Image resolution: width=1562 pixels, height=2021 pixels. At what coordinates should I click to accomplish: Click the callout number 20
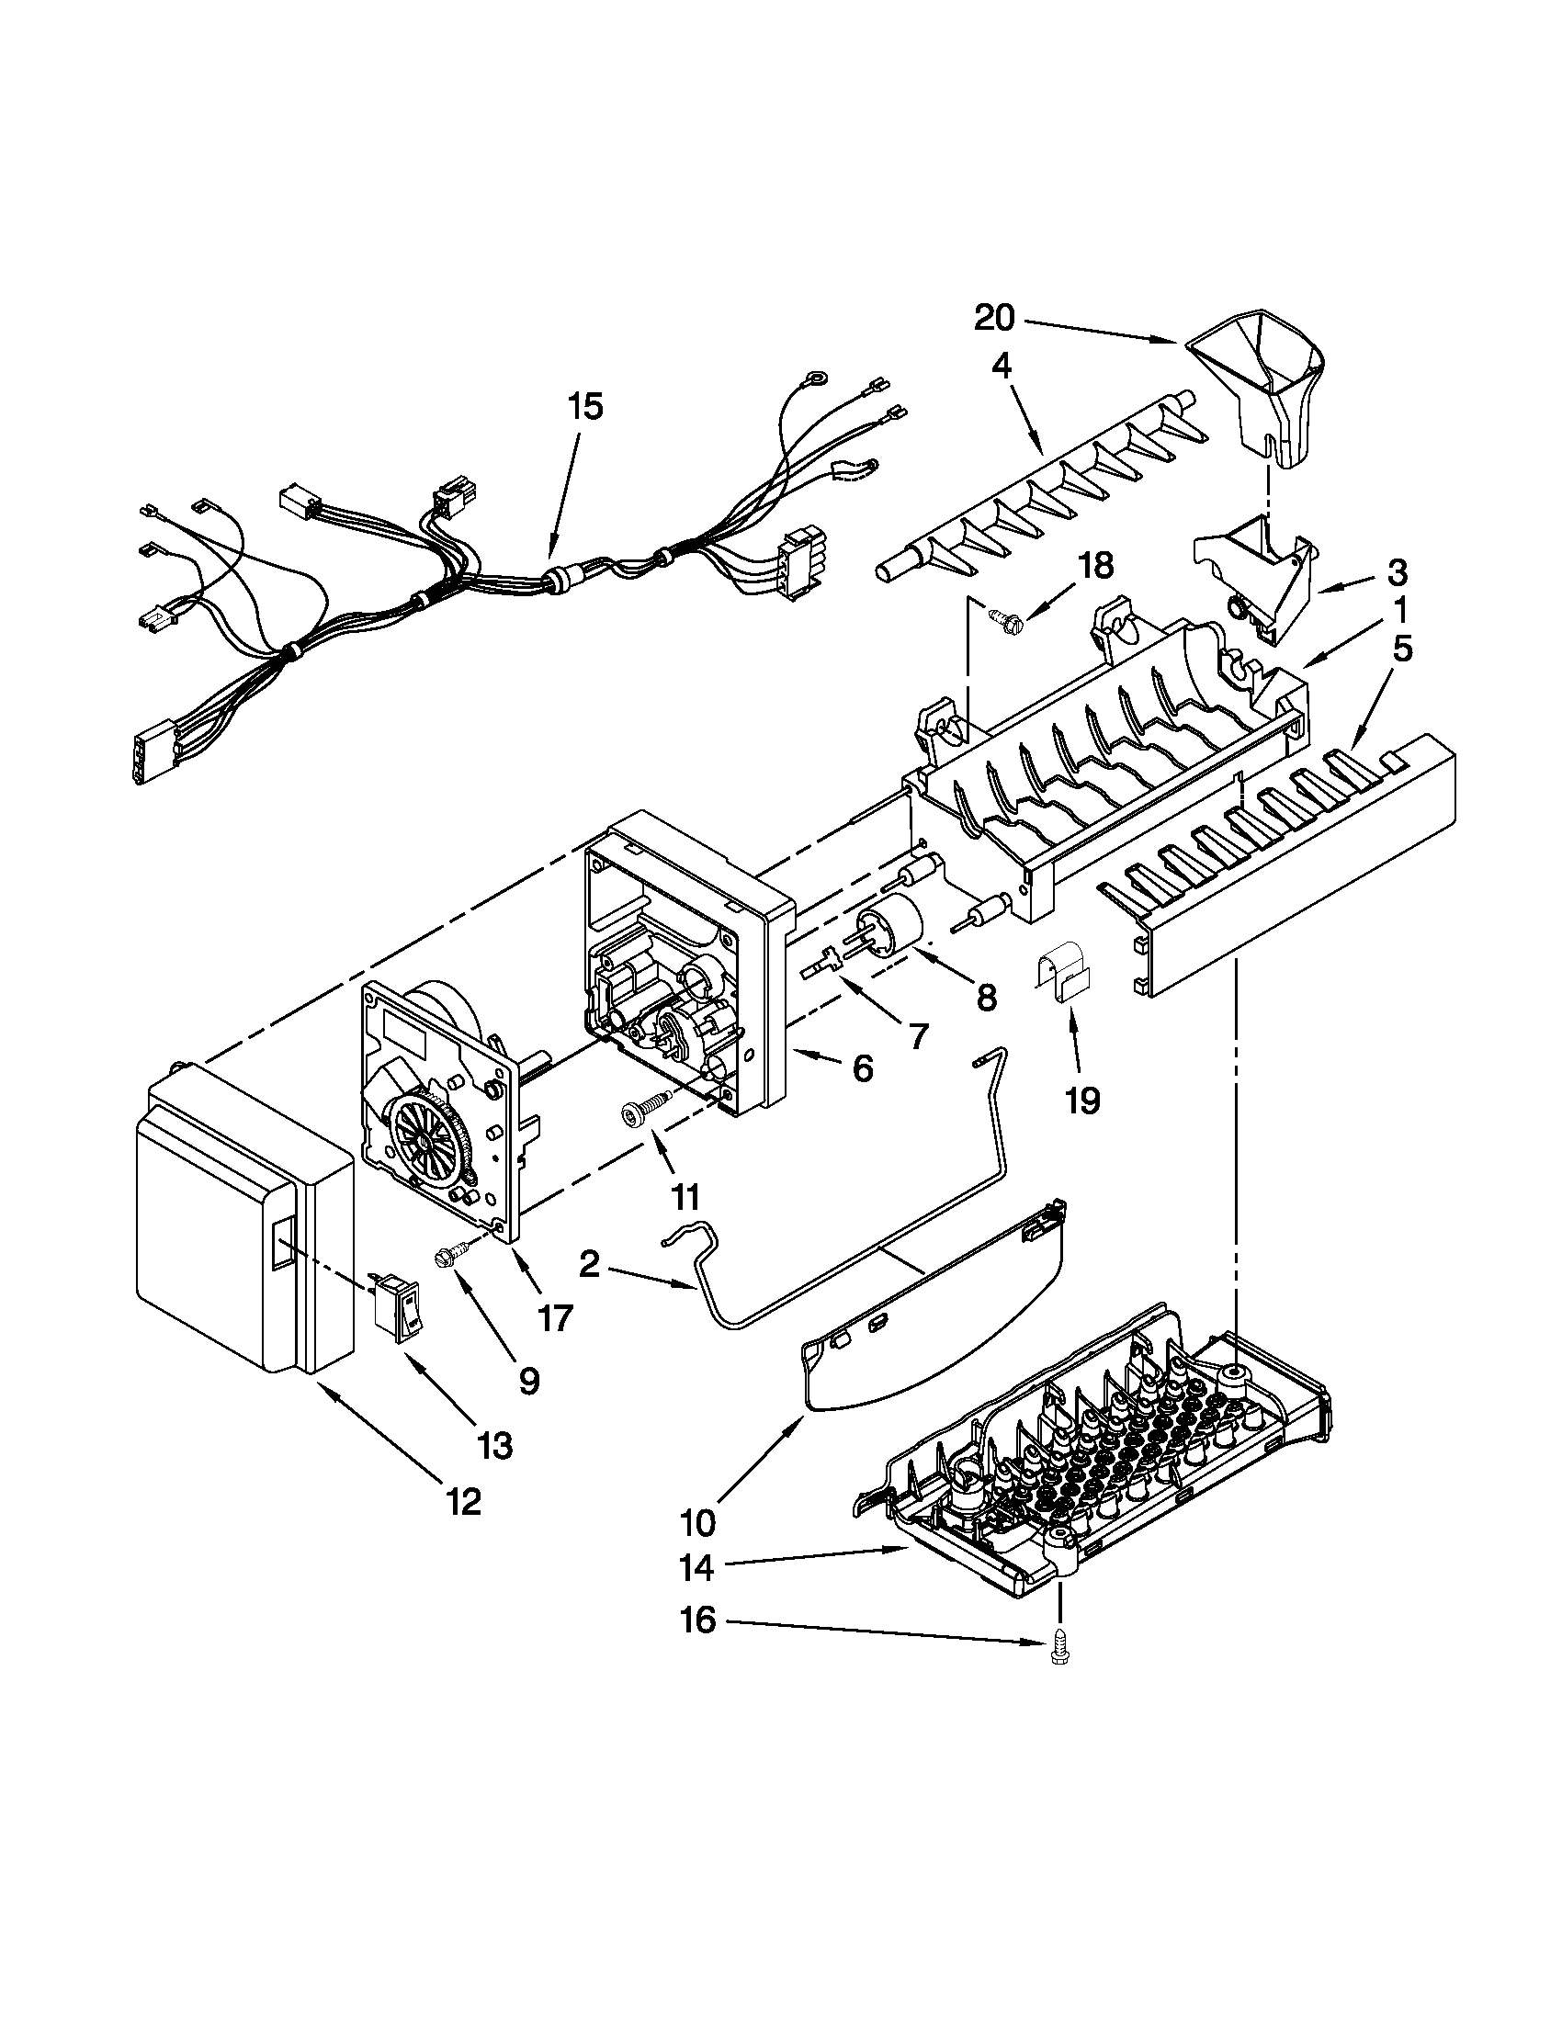click(x=994, y=320)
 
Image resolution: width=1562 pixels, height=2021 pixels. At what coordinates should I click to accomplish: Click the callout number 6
click(x=862, y=1068)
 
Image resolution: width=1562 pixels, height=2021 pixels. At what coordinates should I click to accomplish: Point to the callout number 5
click(x=1403, y=650)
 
